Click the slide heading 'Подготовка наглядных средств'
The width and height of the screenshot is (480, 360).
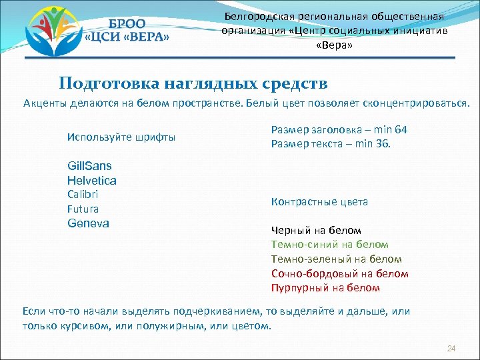(193, 83)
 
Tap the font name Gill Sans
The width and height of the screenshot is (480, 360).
(89, 165)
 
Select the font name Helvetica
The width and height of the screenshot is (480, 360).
(92, 180)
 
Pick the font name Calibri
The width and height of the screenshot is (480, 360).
(83, 194)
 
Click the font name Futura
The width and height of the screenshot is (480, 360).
(83, 209)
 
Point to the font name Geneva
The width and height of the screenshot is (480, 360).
(88, 223)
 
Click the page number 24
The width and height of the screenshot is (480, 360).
(451, 349)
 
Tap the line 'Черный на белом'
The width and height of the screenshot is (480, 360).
(316, 230)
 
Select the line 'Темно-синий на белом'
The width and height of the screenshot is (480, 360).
(329, 245)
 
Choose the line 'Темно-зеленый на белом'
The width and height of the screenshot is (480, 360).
(337, 259)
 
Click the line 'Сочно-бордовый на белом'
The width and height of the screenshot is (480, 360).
(339, 273)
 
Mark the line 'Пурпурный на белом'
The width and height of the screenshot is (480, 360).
(325, 288)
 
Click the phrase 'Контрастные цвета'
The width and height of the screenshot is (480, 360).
(319, 201)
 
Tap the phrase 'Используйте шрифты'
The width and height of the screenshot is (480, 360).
(121, 137)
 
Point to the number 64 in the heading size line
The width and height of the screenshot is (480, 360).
(401, 129)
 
